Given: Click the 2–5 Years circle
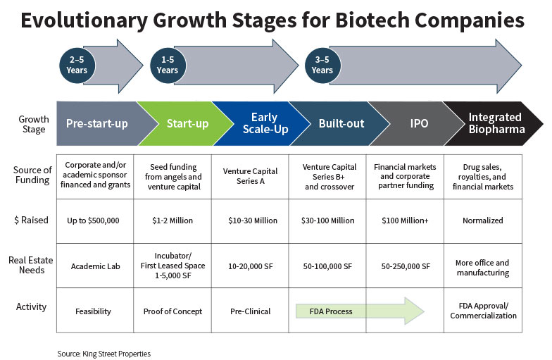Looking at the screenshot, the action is click(x=77, y=65).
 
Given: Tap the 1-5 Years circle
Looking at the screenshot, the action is click(x=168, y=65).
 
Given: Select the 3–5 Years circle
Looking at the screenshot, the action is click(x=322, y=65).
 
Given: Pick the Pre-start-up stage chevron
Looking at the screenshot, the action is click(x=102, y=124).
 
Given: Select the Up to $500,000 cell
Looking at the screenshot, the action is click(x=95, y=221).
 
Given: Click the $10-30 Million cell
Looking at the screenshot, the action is click(x=250, y=221).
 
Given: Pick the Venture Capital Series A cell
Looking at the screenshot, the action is click(x=250, y=176).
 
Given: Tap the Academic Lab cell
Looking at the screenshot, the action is click(x=95, y=266).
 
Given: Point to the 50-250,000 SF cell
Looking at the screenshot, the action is click(x=405, y=266).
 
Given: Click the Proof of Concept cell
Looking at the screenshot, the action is click(x=172, y=310).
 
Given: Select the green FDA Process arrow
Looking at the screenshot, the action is click(x=360, y=311).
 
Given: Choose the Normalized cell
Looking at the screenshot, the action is click(x=483, y=221).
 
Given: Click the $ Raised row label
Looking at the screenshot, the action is click(x=31, y=220).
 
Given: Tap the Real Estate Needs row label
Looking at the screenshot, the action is click(x=31, y=265).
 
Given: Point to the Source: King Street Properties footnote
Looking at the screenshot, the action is click(x=104, y=354).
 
